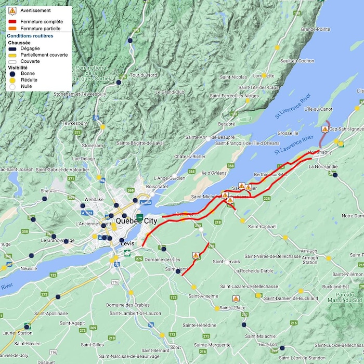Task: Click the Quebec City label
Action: (136, 221)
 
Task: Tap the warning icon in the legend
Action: (12, 10)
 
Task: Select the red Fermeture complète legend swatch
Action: (12, 21)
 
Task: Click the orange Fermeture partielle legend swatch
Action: (12, 28)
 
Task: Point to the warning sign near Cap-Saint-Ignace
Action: (325, 129)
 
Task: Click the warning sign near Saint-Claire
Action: (236, 299)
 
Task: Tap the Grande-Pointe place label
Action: (315, 29)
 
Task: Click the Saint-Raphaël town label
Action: (263, 227)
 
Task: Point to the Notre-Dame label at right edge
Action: (352, 216)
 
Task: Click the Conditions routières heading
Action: (30, 36)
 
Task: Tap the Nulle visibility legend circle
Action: (12, 86)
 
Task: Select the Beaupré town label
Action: (226, 124)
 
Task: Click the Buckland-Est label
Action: (335, 287)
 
